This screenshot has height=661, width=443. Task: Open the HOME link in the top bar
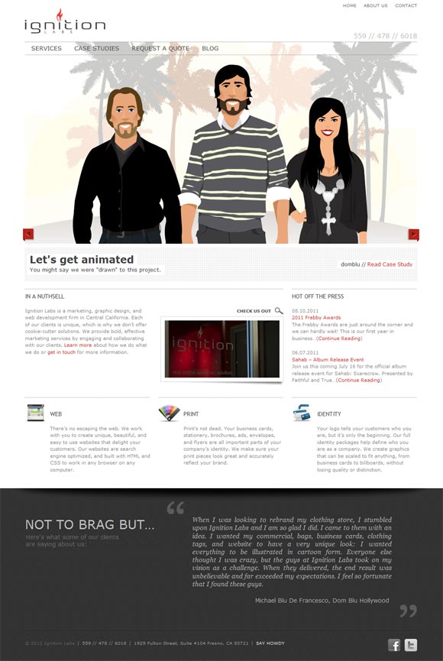point(349,5)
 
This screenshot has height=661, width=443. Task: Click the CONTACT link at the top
point(406,5)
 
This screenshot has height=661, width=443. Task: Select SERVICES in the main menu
point(47,48)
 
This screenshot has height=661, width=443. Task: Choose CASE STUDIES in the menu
point(97,48)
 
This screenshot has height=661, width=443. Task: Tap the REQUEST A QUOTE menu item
point(160,48)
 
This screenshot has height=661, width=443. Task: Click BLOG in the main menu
point(210,48)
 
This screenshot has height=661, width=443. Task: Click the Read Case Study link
point(390,264)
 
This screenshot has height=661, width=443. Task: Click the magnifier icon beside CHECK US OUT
point(279,311)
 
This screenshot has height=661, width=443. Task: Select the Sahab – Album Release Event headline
point(328,359)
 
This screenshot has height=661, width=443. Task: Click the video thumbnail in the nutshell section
point(221,350)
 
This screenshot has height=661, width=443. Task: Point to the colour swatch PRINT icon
point(169,413)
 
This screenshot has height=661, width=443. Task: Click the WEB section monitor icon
point(35,413)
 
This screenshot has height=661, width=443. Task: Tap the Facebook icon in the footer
point(395,645)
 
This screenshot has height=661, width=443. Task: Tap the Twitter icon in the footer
point(411,645)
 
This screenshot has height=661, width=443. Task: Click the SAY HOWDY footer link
point(270,643)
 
